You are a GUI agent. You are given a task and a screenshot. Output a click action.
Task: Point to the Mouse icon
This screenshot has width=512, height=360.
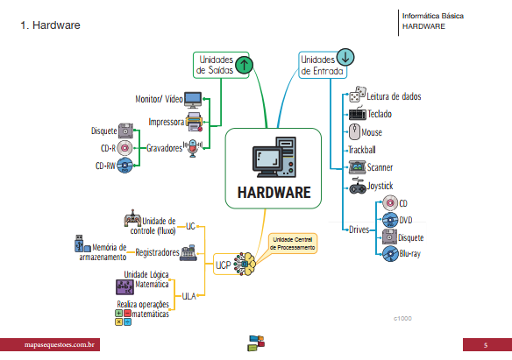[x=353, y=132]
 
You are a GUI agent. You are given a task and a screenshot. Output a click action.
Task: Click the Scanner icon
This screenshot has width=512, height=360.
[x=357, y=166]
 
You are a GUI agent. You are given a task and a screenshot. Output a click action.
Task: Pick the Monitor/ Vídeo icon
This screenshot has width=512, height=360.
[x=192, y=99]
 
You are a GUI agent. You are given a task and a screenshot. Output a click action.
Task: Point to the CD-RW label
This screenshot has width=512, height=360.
[x=105, y=165]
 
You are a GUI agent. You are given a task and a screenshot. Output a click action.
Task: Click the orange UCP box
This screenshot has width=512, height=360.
[x=224, y=261]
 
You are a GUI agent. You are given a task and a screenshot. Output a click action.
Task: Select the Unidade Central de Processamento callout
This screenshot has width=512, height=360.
[x=293, y=244]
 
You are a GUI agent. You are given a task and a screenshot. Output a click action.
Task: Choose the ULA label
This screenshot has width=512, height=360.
[x=188, y=297]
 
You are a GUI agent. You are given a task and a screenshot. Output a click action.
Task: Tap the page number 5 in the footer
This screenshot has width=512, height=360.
[x=485, y=346]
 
